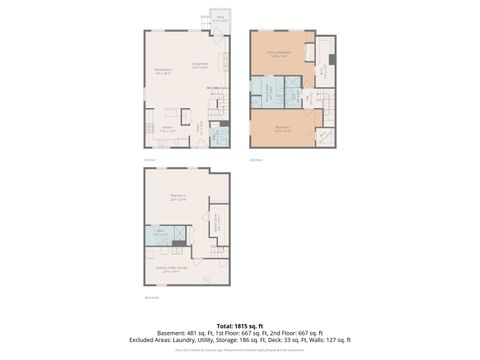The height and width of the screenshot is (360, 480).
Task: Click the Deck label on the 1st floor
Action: point(220,18)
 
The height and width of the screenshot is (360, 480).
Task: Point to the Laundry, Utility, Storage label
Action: point(166,268)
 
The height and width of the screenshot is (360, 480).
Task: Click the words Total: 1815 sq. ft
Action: point(239,325)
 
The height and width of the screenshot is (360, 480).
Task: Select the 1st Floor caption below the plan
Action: point(149,158)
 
